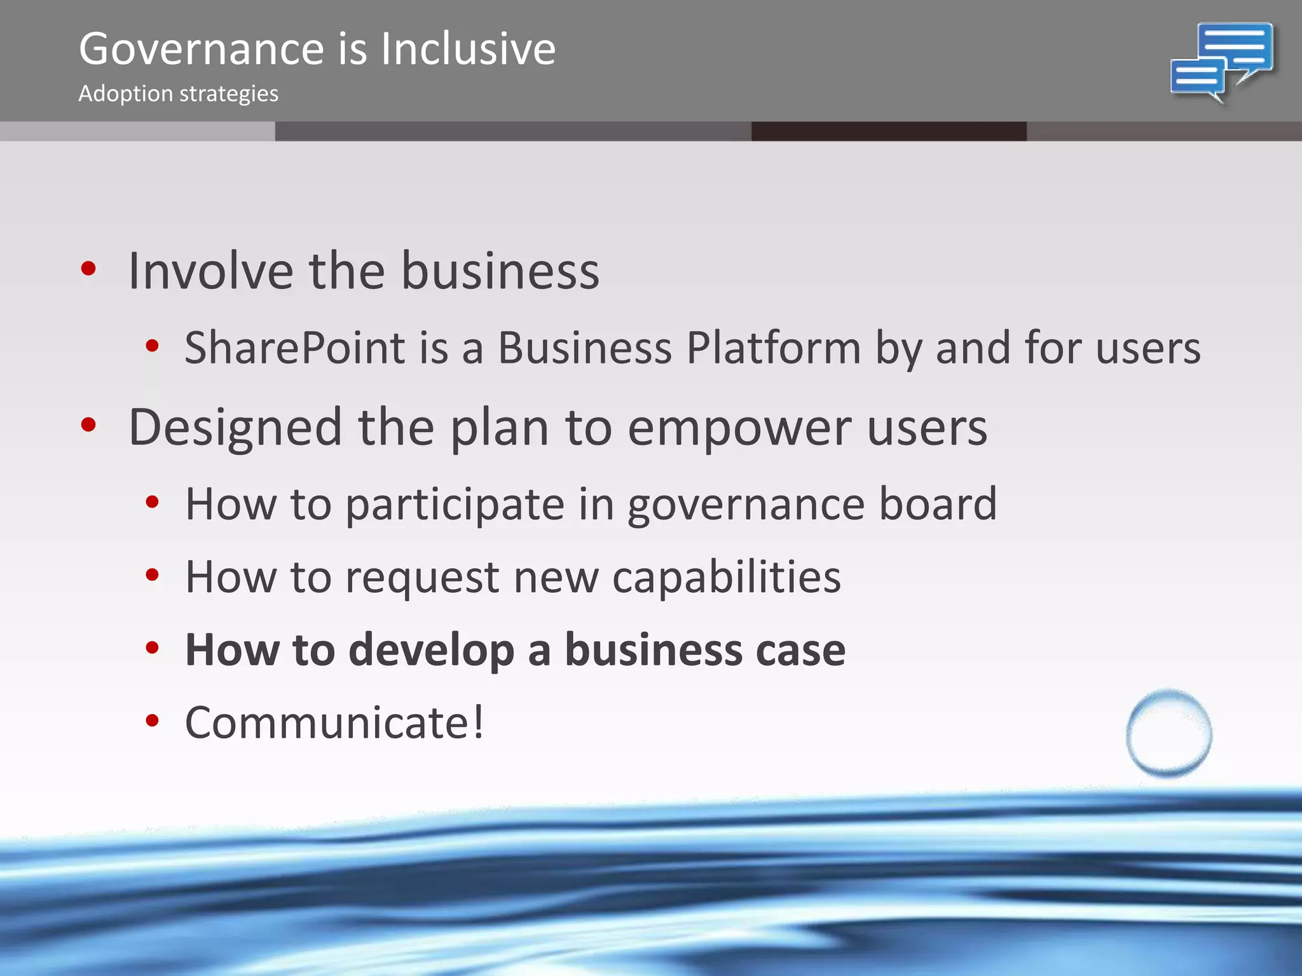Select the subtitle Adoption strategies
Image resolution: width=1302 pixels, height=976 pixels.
point(178,94)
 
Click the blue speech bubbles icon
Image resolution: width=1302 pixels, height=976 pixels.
point(1222,62)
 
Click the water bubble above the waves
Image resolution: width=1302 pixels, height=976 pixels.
point(1168,733)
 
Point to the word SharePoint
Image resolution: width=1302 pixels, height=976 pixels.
point(294,348)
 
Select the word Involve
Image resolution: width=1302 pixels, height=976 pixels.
point(210,271)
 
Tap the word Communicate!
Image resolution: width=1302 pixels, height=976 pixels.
point(334,723)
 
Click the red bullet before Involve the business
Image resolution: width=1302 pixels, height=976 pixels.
point(88,269)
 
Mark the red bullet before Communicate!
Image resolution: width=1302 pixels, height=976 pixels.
point(151,721)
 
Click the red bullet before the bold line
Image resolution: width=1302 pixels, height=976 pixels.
point(151,648)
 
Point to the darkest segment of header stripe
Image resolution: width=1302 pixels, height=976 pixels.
point(888,132)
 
